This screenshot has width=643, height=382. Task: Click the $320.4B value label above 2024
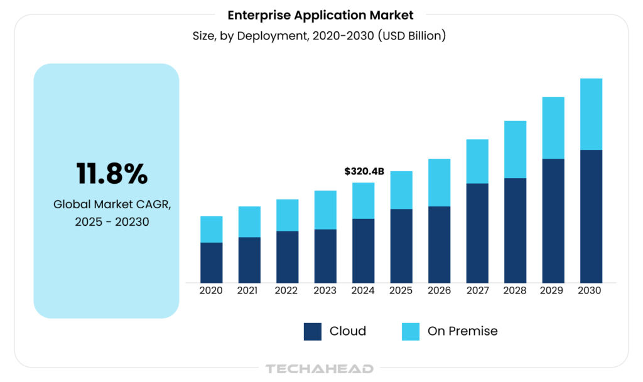[x=364, y=171]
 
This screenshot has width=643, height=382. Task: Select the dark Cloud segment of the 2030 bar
[x=591, y=216]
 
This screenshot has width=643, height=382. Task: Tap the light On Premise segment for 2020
[x=212, y=229]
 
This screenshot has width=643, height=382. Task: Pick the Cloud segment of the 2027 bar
[x=477, y=233]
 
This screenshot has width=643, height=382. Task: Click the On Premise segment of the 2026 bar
[x=439, y=183]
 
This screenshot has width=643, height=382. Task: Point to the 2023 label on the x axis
[x=325, y=291]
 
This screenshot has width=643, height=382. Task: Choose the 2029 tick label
[x=553, y=291]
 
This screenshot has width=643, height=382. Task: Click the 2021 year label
[x=249, y=291]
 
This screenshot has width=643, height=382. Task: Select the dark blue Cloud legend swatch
[x=313, y=331]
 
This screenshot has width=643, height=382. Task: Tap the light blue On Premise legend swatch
[x=411, y=331]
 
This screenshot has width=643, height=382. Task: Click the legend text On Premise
[x=462, y=331]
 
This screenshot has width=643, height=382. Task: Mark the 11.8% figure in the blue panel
[x=112, y=174]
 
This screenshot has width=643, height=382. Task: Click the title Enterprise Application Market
[x=320, y=15]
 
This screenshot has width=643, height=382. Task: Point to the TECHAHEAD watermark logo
[x=320, y=369]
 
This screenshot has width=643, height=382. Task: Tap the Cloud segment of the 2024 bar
[x=364, y=250]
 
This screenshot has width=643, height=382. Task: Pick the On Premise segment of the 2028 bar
[x=515, y=149]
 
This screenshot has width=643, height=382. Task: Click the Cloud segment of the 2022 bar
[x=288, y=257]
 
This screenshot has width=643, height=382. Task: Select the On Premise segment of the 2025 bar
[x=401, y=190]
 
